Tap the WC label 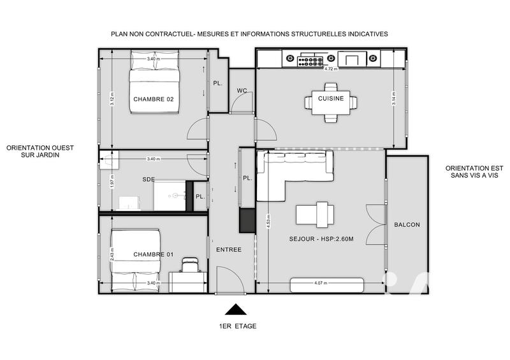(242, 90)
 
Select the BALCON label (407, 225)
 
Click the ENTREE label (228, 249)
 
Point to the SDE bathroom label (149, 180)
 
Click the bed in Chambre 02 (154, 89)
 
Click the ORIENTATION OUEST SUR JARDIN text (40, 151)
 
